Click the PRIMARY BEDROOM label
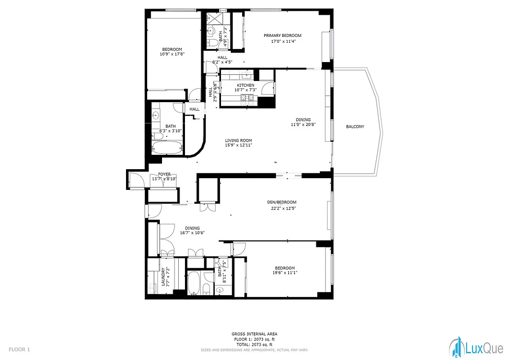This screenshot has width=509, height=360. coord(282,36)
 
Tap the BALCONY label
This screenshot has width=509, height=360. coord(355,127)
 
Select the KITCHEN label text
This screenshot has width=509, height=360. coord(246,85)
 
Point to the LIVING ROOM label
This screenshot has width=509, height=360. coord(238,140)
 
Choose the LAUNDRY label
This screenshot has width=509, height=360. coord(163,277)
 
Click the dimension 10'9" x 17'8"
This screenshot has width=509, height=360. coord(172,54)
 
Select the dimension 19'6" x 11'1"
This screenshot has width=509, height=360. coord(285,272)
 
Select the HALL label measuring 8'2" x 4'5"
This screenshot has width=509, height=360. coord(222,58)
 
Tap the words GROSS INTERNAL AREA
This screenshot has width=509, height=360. coord(254,334)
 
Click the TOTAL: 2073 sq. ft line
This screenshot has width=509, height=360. coord(254,344)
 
